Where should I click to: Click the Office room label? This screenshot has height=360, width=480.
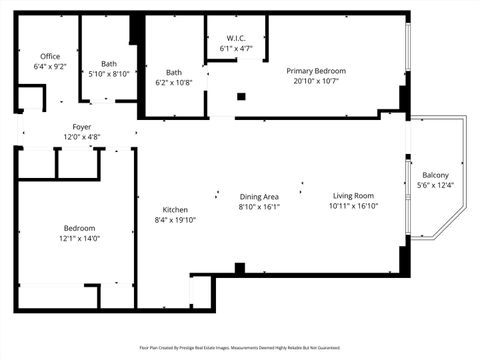click(50, 56)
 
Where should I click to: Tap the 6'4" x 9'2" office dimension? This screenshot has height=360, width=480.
click(50, 67)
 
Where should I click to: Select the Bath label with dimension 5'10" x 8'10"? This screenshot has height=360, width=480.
click(108, 64)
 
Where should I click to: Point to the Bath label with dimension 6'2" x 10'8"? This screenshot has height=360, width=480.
click(174, 72)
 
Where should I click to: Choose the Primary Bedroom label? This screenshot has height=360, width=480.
click(316, 71)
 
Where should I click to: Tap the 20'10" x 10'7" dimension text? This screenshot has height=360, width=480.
click(316, 82)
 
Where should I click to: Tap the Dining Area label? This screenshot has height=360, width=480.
click(259, 196)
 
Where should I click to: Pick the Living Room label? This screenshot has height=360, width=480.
click(353, 196)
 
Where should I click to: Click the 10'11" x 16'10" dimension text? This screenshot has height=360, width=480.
click(353, 207)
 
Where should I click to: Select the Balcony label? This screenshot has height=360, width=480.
click(435, 175)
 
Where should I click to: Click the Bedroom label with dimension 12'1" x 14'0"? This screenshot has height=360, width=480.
click(80, 228)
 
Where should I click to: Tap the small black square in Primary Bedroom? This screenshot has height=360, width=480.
click(241, 97)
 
